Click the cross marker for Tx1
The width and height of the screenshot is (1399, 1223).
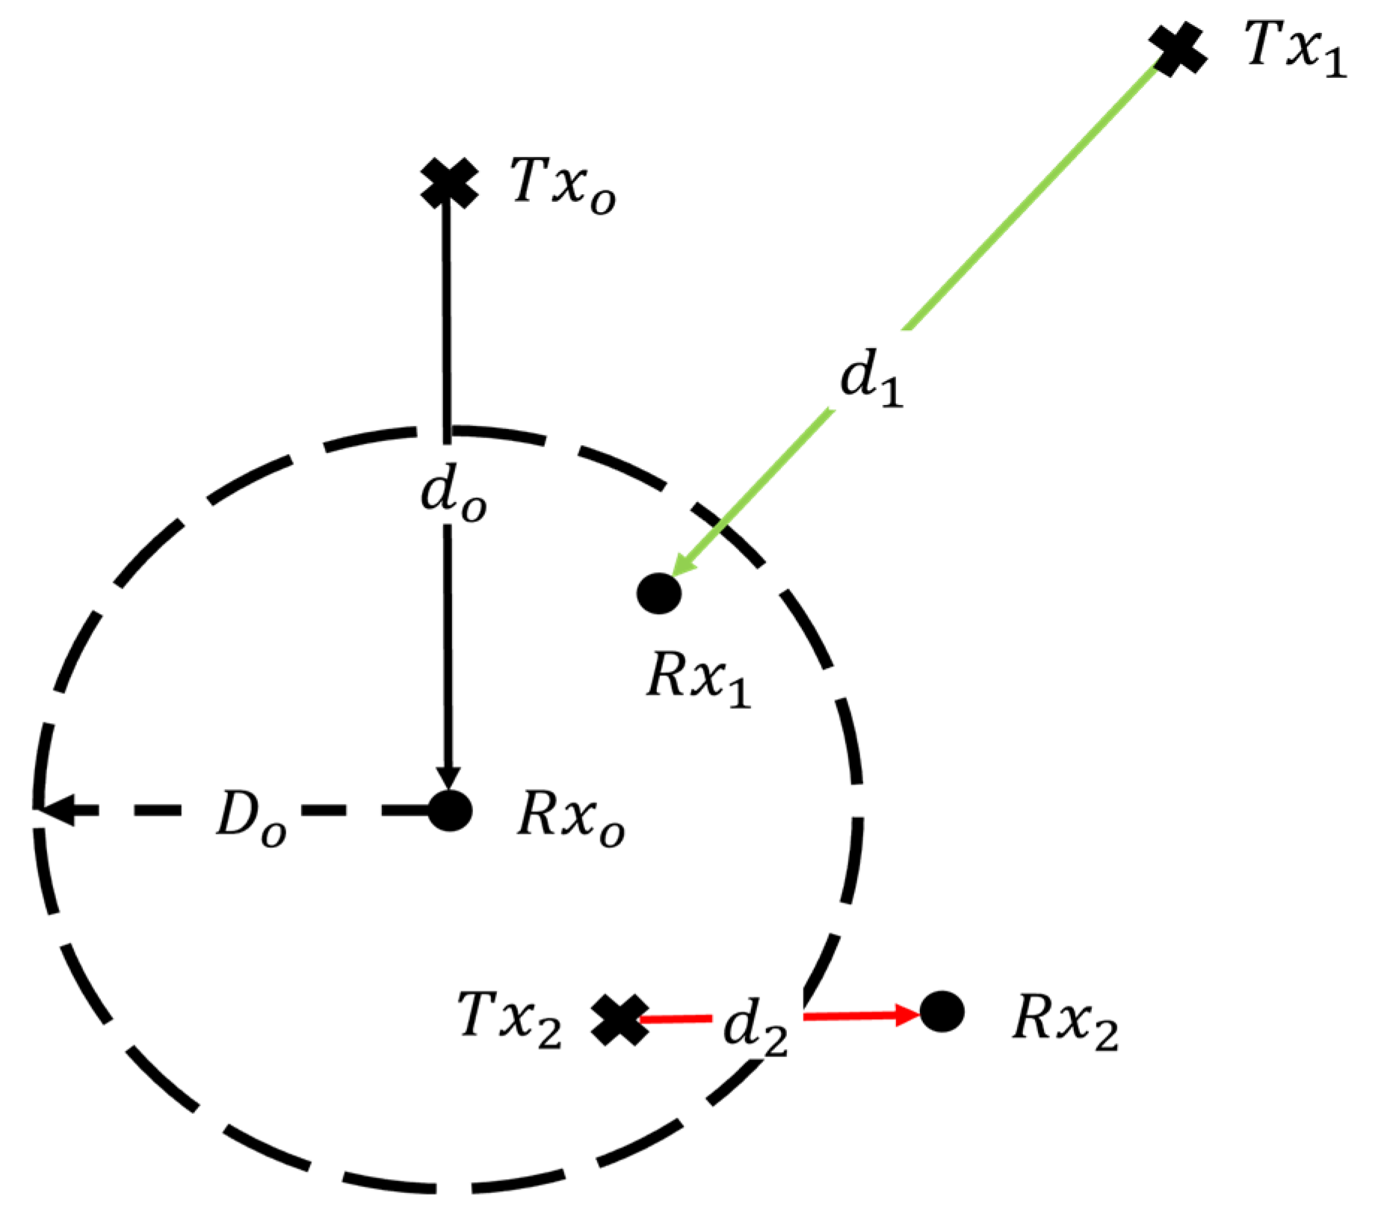(x=1178, y=49)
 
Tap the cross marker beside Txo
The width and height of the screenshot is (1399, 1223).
(x=448, y=183)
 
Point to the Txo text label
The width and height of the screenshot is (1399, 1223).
(x=563, y=185)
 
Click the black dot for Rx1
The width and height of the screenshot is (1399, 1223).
(x=659, y=592)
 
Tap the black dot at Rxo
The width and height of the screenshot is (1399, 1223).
(x=450, y=809)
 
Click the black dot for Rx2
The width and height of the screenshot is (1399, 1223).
(x=942, y=1012)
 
